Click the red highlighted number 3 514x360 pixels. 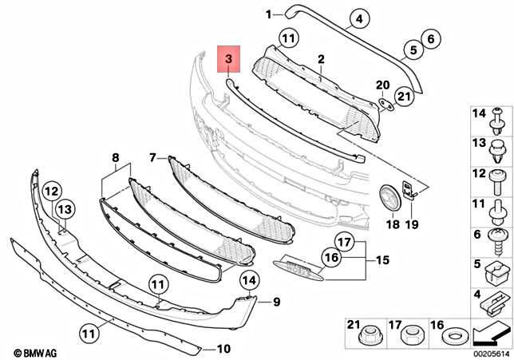(x=228, y=59)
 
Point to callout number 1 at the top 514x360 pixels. (x=269, y=13)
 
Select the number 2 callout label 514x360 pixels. (x=321, y=59)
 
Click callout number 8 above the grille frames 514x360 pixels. (x=93, y=158)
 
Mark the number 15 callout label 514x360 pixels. (x=382, y=260)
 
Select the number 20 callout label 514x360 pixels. (x=382, y=85)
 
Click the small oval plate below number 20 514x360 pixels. (x=384, y=103)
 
